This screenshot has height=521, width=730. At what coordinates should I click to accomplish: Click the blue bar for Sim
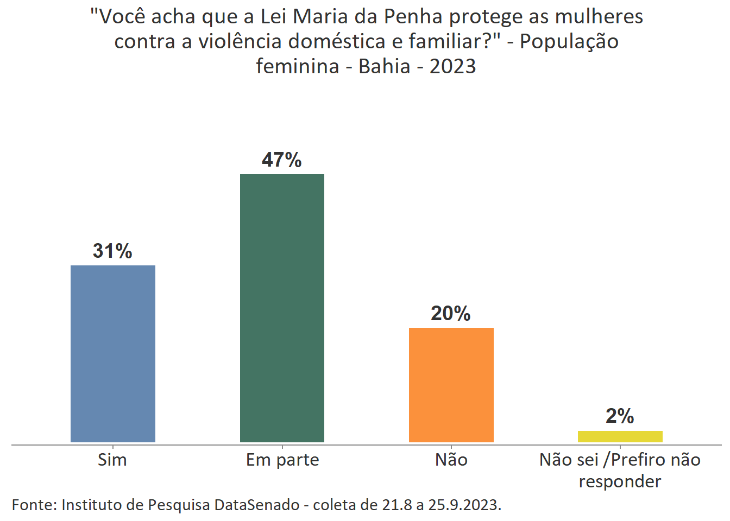coord(113,353)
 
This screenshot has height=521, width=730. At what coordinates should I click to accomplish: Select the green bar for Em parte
coord(282,308)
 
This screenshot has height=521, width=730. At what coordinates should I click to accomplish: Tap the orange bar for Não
coord(451,385)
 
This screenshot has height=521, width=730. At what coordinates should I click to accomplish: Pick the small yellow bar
coord(620,436)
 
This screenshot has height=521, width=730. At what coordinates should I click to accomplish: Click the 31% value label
coord(112,251)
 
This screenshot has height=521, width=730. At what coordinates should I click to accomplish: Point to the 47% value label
coord(281,160)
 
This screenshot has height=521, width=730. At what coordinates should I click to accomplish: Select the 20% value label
coord(450,314)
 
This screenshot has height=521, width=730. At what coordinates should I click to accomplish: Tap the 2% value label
coord(620,416)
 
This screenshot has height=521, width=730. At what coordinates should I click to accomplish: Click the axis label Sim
coord(112,460)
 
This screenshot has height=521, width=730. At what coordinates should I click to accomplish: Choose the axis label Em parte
coord(282,460)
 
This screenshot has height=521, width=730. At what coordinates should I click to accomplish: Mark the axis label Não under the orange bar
coord(451,460)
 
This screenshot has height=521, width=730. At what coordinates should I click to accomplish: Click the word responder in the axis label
coord(620,481)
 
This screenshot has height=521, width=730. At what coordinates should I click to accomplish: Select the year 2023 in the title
coord(452,66)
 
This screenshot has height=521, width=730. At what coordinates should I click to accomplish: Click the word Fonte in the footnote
coord(34,505)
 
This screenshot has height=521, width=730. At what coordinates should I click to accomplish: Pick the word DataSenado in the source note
coord(257,505)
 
